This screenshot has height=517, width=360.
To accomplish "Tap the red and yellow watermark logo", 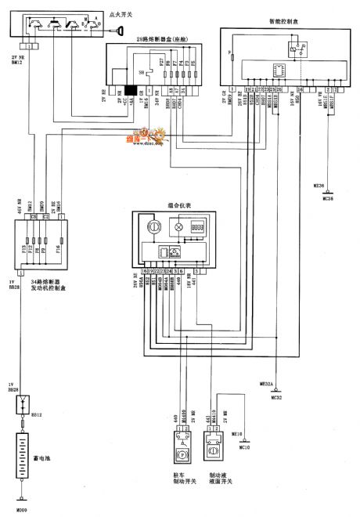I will [131, 139].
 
